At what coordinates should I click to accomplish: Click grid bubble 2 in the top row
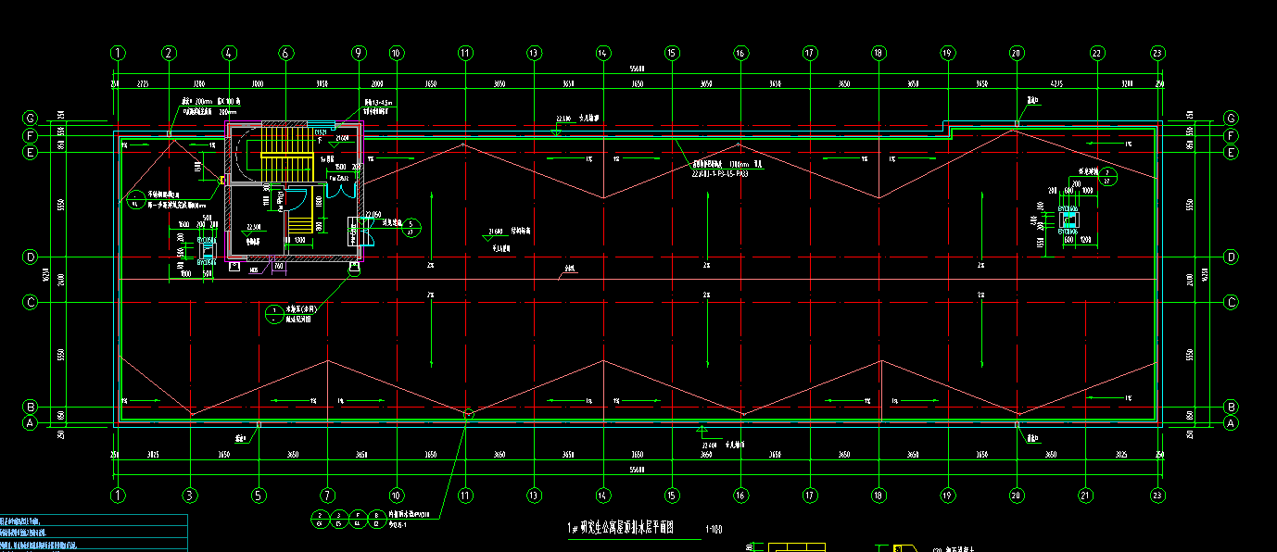coord(169,53)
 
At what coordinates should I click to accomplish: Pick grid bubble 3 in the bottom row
coord(190,495)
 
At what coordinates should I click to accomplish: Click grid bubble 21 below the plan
coord(1085,495)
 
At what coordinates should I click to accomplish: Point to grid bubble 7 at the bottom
coord(327,495)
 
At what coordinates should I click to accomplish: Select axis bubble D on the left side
coord(30,257)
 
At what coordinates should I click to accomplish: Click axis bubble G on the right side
coord(1231,118)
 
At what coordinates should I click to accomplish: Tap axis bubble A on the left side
coord(30,423)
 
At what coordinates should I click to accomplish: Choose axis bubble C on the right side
coord(1231,302)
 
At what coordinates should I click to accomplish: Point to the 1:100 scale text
coord(714,530)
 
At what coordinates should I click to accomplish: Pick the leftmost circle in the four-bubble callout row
coord(319,519)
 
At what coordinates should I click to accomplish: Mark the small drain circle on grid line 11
coord(468,414)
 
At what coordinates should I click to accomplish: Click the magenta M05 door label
coord(255,269)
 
